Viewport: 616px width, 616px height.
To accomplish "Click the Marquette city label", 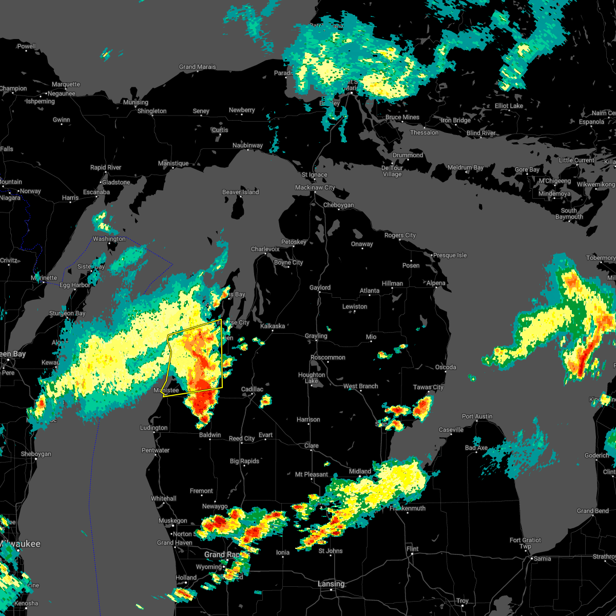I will click(x=66, y=84).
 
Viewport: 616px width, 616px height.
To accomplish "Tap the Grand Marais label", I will click(x=197, y=67).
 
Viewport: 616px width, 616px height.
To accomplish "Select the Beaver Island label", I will click(x=240, y=192).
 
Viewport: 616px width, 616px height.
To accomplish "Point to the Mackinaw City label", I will click(x=315, y=187).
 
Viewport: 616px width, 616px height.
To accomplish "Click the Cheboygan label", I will click(x=338, y=205).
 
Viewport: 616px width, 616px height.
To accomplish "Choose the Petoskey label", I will click(x=294, y=242).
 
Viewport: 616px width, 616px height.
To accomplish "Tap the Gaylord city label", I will click(x=320, y=287).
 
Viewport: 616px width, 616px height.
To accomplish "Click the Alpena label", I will click(x=436, y=283).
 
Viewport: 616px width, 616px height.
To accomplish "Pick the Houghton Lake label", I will click(x=312, y=378).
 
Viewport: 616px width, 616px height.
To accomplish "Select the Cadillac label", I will click(x=252, y=389).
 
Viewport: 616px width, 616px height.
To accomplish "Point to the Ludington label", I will click(x=153, y=428).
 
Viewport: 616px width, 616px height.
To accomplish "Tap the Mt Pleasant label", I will click(x=312, y=474).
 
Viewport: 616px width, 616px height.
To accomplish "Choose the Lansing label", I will click(x=331, y=584).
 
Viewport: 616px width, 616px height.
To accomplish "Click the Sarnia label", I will click(x=543, y=559).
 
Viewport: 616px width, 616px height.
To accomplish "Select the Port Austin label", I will click(x=477, y=416).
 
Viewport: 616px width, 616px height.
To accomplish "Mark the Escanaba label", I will click(x=96, y=192).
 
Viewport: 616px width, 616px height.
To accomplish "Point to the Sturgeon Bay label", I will click(x=67, y=313).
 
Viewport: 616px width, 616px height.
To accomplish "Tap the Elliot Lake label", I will click(x=509, y=106).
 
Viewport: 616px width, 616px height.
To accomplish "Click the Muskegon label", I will click(x=172, y=521).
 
